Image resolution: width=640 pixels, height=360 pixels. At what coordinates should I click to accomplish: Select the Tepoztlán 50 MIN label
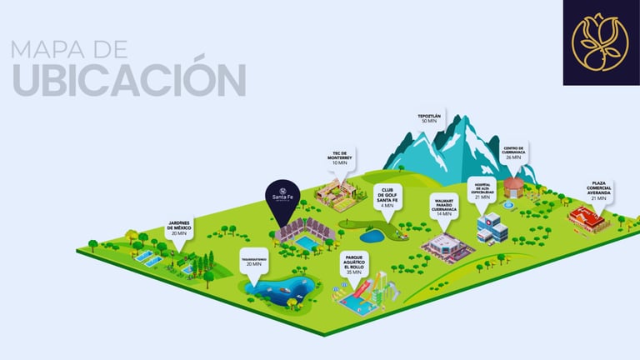429,118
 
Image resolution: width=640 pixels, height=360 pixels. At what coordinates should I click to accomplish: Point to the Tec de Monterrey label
338,158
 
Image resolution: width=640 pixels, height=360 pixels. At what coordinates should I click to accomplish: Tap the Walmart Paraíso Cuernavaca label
442,206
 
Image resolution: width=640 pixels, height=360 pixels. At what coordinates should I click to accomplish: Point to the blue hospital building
491,227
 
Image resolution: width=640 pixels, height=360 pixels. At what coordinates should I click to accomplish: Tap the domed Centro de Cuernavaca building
514,187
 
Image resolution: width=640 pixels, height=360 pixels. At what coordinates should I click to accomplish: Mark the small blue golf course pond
372,235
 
